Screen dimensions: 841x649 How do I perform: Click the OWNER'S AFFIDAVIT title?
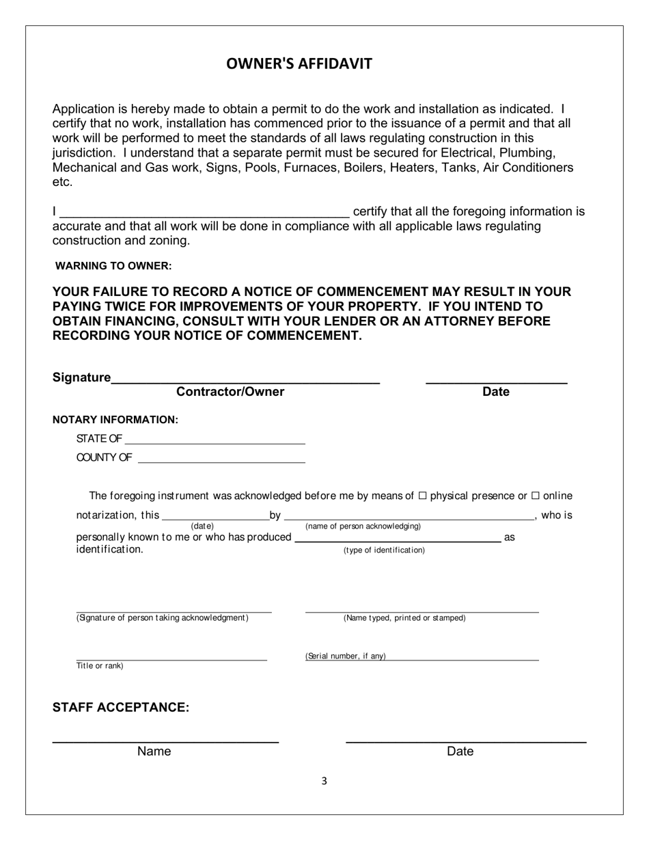(299, 64)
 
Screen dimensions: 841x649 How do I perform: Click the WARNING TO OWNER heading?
(113, 265)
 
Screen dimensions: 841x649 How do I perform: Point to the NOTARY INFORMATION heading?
(115, 420)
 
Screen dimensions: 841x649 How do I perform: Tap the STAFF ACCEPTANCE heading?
(121, 708)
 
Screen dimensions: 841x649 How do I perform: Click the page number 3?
(324, 782)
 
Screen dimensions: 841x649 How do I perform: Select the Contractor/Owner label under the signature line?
(230, 392)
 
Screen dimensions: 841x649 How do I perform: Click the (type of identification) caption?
(384, 550)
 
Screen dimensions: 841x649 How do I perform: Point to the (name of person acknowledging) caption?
(363, 526)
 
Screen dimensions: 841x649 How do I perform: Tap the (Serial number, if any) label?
(346, 656)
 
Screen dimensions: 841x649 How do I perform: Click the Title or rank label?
(100, 666)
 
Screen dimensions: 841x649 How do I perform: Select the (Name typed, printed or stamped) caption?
(404, 618)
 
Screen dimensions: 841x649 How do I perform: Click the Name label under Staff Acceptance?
(154, 751)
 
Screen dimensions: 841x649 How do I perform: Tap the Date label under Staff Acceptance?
(460, 751)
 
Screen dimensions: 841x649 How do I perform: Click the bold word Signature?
(81, 377)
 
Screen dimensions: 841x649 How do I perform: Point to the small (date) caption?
(202, 526)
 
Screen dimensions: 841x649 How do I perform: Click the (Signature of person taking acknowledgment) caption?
(163, 618)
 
